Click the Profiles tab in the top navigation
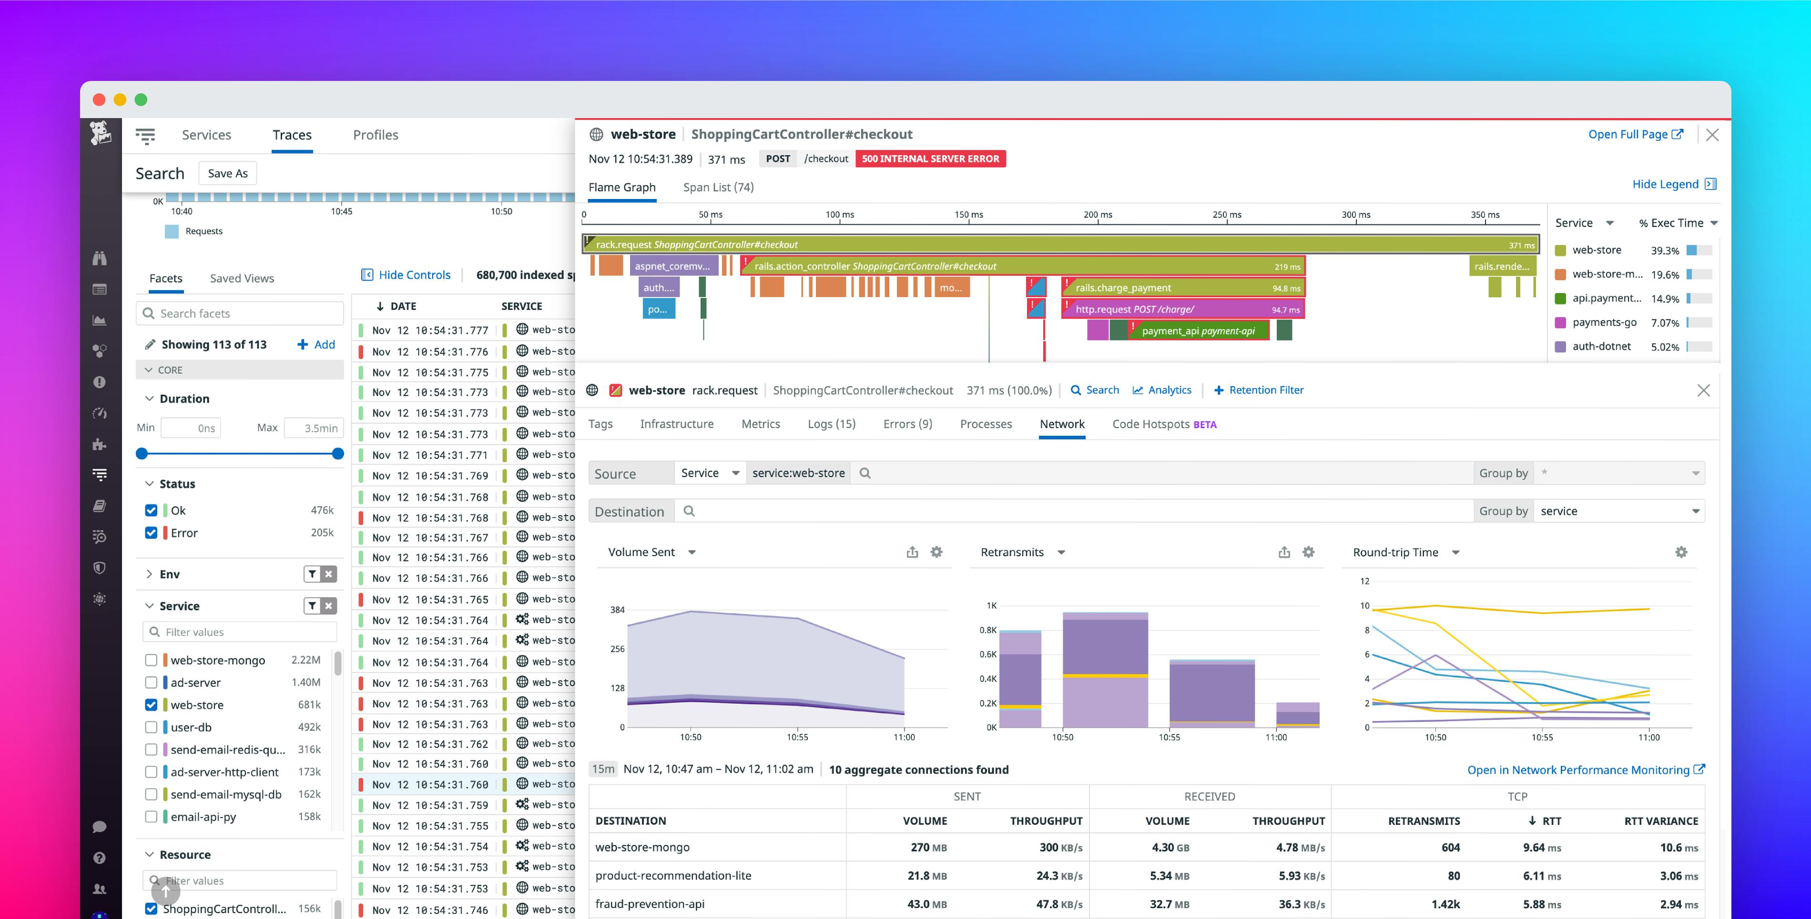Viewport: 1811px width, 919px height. click(x=376, y=135)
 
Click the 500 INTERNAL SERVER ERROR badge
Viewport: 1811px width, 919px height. click(x=930, y=159)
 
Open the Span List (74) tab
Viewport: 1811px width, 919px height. click(x=718, y=187)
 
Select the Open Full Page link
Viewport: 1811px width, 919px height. click(x=1635, y=134)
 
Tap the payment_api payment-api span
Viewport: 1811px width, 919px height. click(x=1198, y=331)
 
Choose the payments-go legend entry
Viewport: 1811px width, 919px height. click(x=1604, y=322)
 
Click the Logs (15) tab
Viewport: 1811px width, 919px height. click(x=831, y=424)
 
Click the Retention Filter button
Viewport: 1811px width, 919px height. click(x=1259, y=390)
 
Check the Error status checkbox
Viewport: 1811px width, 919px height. click(x=151, y=532)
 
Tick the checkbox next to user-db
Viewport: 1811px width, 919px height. click(x=151, y=727)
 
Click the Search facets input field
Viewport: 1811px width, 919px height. click(x=239, y=313)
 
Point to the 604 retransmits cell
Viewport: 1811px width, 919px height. click(x=1450, y=847)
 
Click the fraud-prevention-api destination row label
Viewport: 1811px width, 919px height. click(x=650, y=904)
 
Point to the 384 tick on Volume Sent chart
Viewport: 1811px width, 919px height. click(x=617, y=610)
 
